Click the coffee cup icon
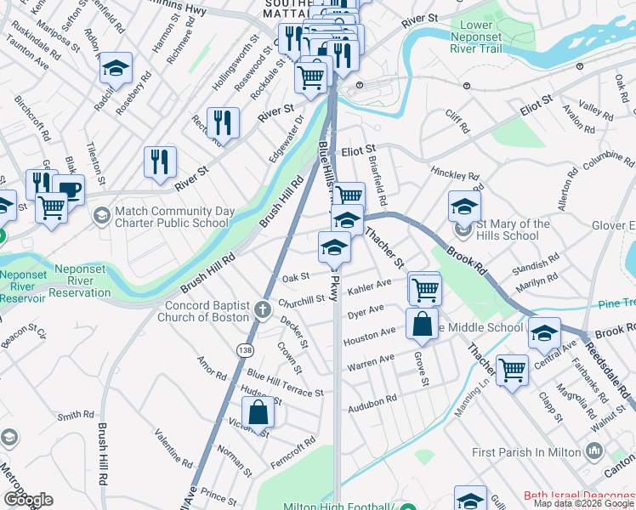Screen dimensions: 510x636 (x=68, y=189)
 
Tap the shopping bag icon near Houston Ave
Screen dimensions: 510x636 (x=423, y=324)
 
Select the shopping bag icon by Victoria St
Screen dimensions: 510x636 (x=260, y=412)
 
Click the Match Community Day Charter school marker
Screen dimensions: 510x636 (x=101, y=216)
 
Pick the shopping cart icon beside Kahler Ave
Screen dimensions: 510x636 (x=424, y=288)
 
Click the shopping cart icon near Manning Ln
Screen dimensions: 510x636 (x=512, y=370)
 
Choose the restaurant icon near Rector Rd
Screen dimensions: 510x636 (x=223, y=122)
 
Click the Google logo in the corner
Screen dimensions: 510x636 (x=28, y=500)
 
